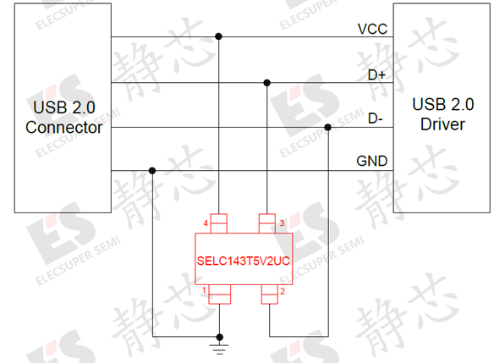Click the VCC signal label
coord(372,29)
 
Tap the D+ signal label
coord(376,75)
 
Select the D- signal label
coord(376,118)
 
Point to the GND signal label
coord(371,161)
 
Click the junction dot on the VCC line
coord(218,36)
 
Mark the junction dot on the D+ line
coord(266,83)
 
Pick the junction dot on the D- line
coord(327,127)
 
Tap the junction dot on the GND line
coord(152,171)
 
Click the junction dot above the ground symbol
coord(220,337)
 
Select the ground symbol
coord(220,349)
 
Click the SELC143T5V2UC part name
coord(244,261)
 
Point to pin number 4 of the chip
coord(206,223)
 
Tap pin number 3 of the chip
coord(282,223)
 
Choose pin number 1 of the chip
coord(204,290)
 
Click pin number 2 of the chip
coord(283,291)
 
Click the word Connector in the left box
coord(64,128)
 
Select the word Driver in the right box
coord(442,124)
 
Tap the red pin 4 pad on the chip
coord(218,223)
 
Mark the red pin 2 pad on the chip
coord(269,294)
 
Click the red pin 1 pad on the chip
coord(220,294)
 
